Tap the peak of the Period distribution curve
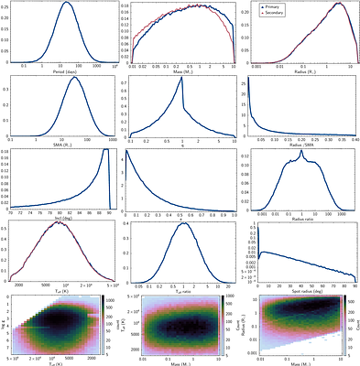[66, 3]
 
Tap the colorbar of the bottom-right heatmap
[356, 325]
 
